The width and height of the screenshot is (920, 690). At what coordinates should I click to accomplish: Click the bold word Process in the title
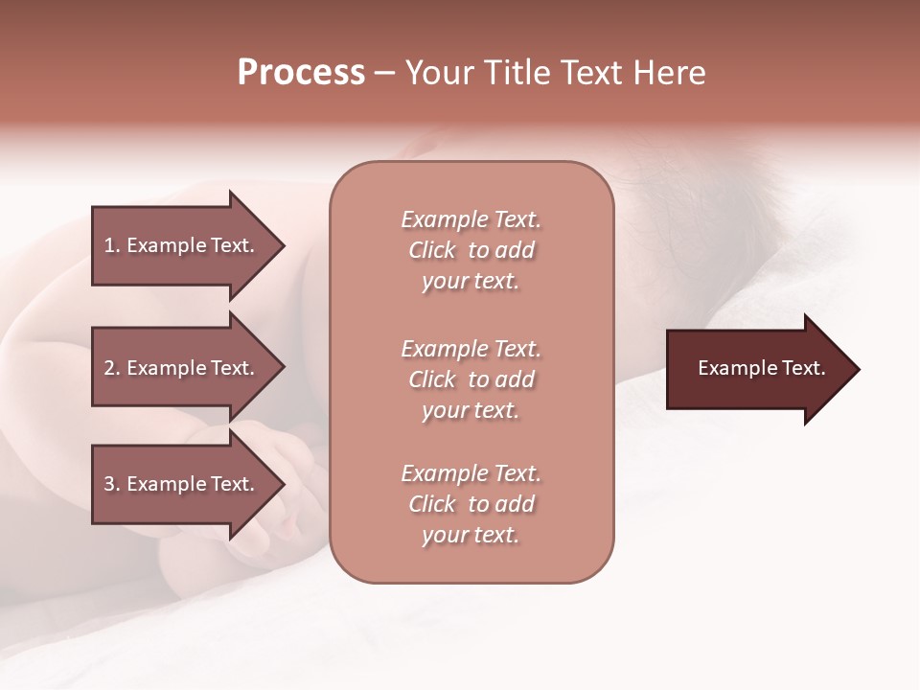(x=301, y=73)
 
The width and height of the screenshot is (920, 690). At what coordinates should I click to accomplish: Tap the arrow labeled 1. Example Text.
(x=180, y=245)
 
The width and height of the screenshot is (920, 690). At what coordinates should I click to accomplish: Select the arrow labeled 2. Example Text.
(x=180, y=368)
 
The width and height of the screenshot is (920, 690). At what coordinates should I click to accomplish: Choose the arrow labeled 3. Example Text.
(x=180, y=484)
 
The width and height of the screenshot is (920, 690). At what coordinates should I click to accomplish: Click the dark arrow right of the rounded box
(x=757, y=369)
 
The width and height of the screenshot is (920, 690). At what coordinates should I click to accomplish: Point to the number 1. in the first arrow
(x=112, y=245)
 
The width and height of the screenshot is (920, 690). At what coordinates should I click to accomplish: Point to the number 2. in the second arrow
(x=112, y=368)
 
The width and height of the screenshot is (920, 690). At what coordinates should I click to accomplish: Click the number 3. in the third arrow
(x=112, y=484)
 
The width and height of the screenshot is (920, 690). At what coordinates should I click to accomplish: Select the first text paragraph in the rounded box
(x=471, y=250)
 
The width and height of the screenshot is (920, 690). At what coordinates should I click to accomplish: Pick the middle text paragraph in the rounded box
(x=471, y=379)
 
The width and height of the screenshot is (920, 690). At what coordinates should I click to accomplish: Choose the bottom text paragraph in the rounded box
(x=471, y=504)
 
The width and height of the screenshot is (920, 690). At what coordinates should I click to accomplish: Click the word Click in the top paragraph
(x=432, y=250)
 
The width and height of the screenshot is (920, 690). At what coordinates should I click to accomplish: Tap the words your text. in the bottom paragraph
(x=471, y=535)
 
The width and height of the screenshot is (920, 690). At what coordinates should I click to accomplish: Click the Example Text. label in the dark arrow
(x=762, y=368)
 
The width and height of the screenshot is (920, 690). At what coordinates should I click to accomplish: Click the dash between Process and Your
(x=384, y=73)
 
